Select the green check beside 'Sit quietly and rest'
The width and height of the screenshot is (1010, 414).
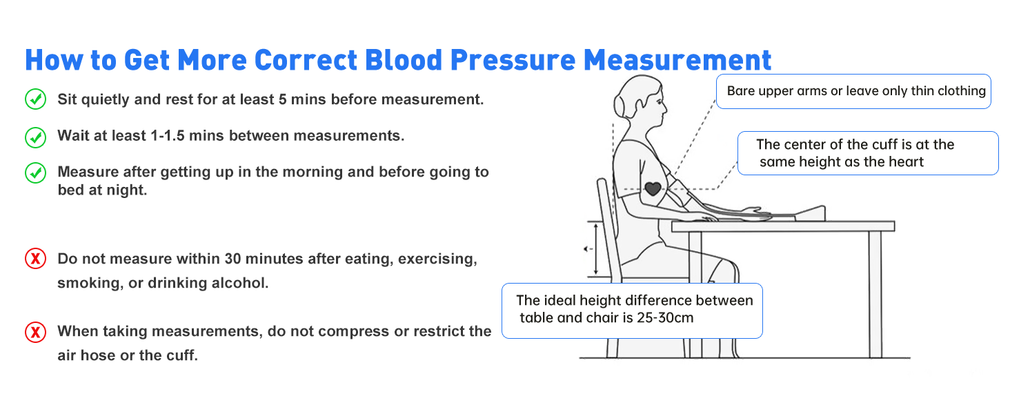pyautogui.click(x=35, y=99)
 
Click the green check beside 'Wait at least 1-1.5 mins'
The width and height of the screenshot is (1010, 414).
pyautogui.click(x=35, y=136)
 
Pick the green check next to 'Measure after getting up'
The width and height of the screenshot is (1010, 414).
pyautogui.click(x=35, y=172)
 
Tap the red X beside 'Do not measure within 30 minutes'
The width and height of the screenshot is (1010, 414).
pyautogui.click(x=35, y=259)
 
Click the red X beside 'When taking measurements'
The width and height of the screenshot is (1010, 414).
pyautogui.click(x=35, y=332)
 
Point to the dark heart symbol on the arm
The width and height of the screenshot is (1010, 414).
pyautogui.click(x=652, y=187)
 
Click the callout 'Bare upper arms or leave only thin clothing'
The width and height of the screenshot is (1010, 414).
pyautogui.click(x=854, y=91)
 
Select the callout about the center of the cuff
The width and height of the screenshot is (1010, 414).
pyautogui.click(x=868, y=153)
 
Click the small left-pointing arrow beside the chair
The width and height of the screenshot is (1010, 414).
pyautogui.click(x=587, y=249)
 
